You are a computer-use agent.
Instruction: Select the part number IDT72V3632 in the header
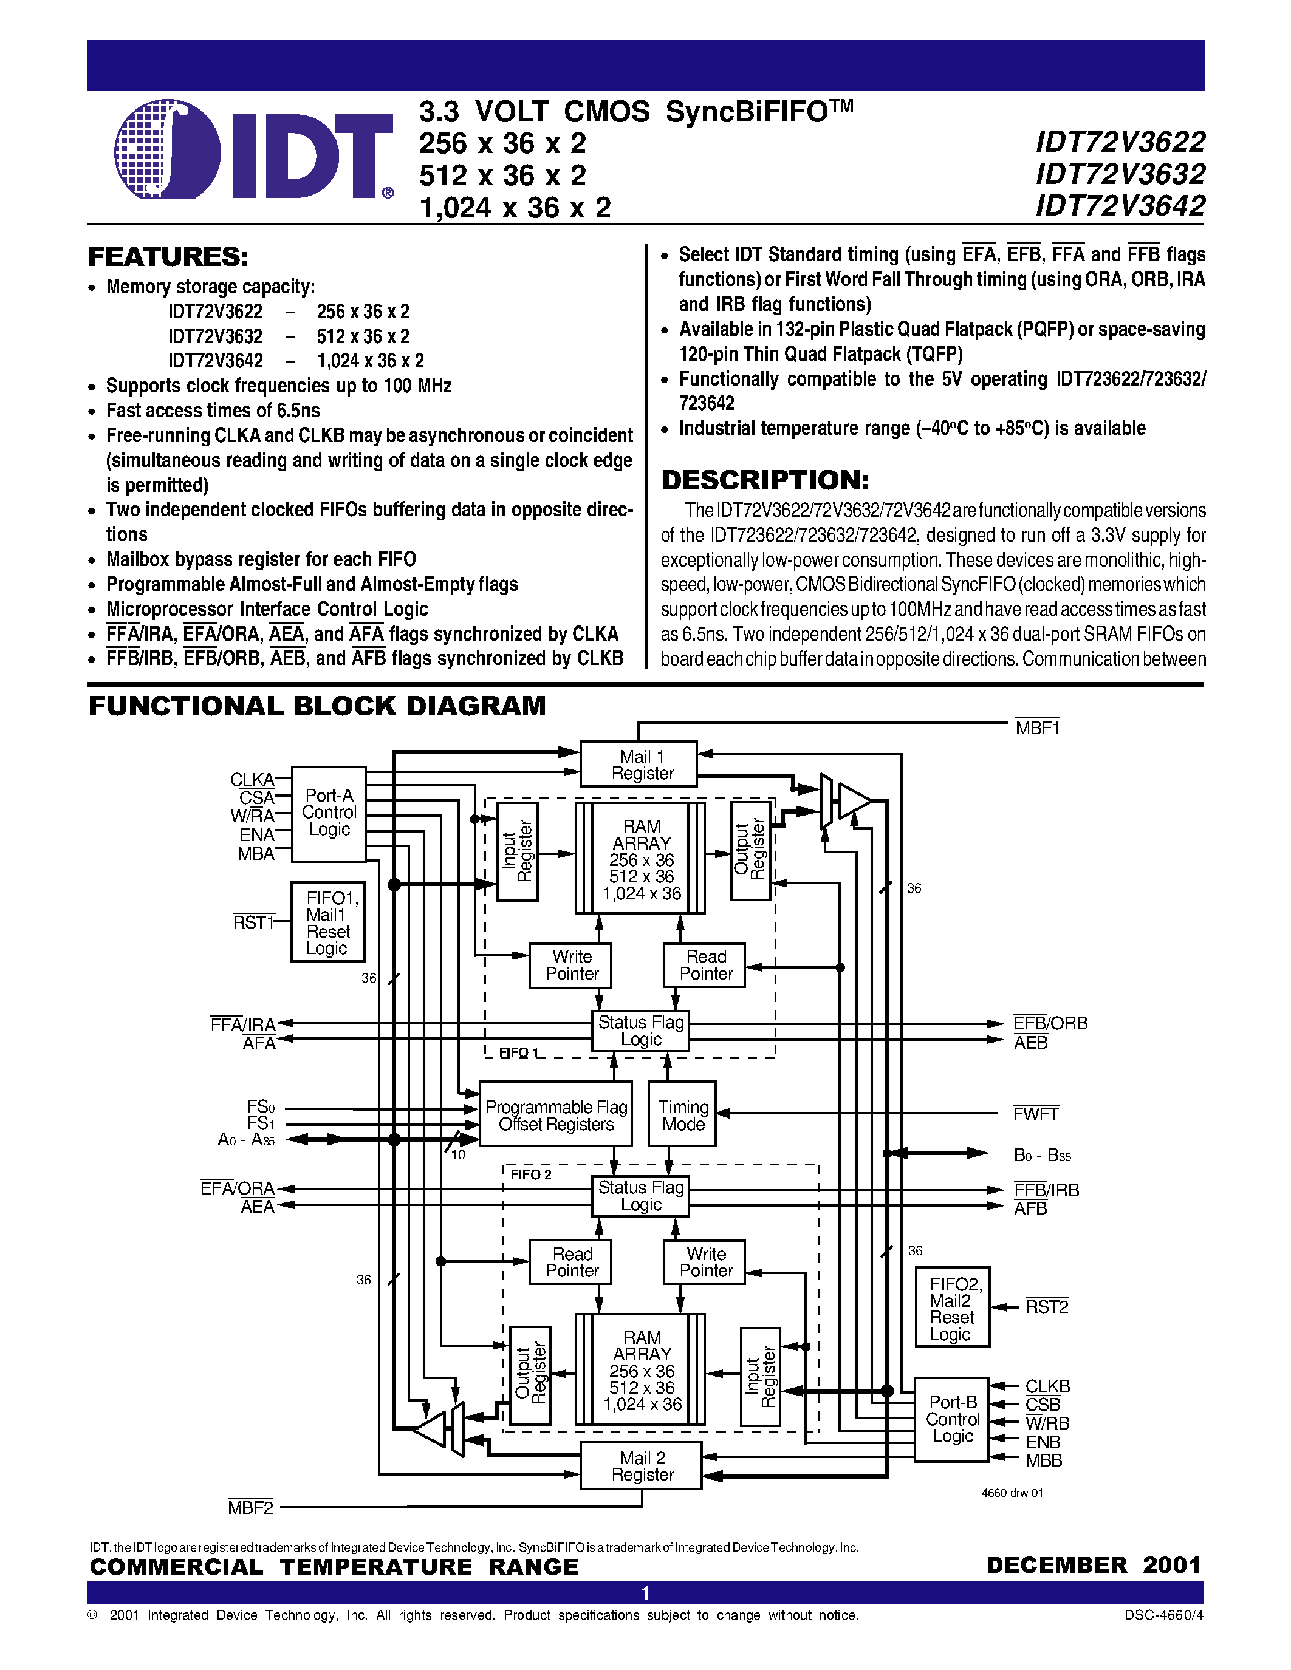coord(1120,174)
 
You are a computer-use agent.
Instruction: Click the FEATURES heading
coord(168,257)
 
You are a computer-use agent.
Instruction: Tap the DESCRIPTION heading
coord(765,480)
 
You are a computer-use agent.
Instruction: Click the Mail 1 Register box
coord(639,764)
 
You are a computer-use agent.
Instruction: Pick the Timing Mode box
coord(682,1114)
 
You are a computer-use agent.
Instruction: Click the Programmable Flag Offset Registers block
coord(556,1114)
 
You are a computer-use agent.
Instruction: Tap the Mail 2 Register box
coord(641,1466)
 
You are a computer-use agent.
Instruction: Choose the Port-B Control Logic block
coord(951,1419)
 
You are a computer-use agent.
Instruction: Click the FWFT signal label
coord(1036,1114)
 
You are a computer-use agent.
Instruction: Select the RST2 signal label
coord(1046,1307)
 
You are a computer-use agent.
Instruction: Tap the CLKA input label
coord(252,779)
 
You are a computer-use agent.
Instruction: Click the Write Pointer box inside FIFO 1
coord(571,965)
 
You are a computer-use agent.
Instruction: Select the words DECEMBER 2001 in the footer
coord(1094,1565)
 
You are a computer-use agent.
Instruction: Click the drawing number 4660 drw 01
coord(1012,1493)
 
